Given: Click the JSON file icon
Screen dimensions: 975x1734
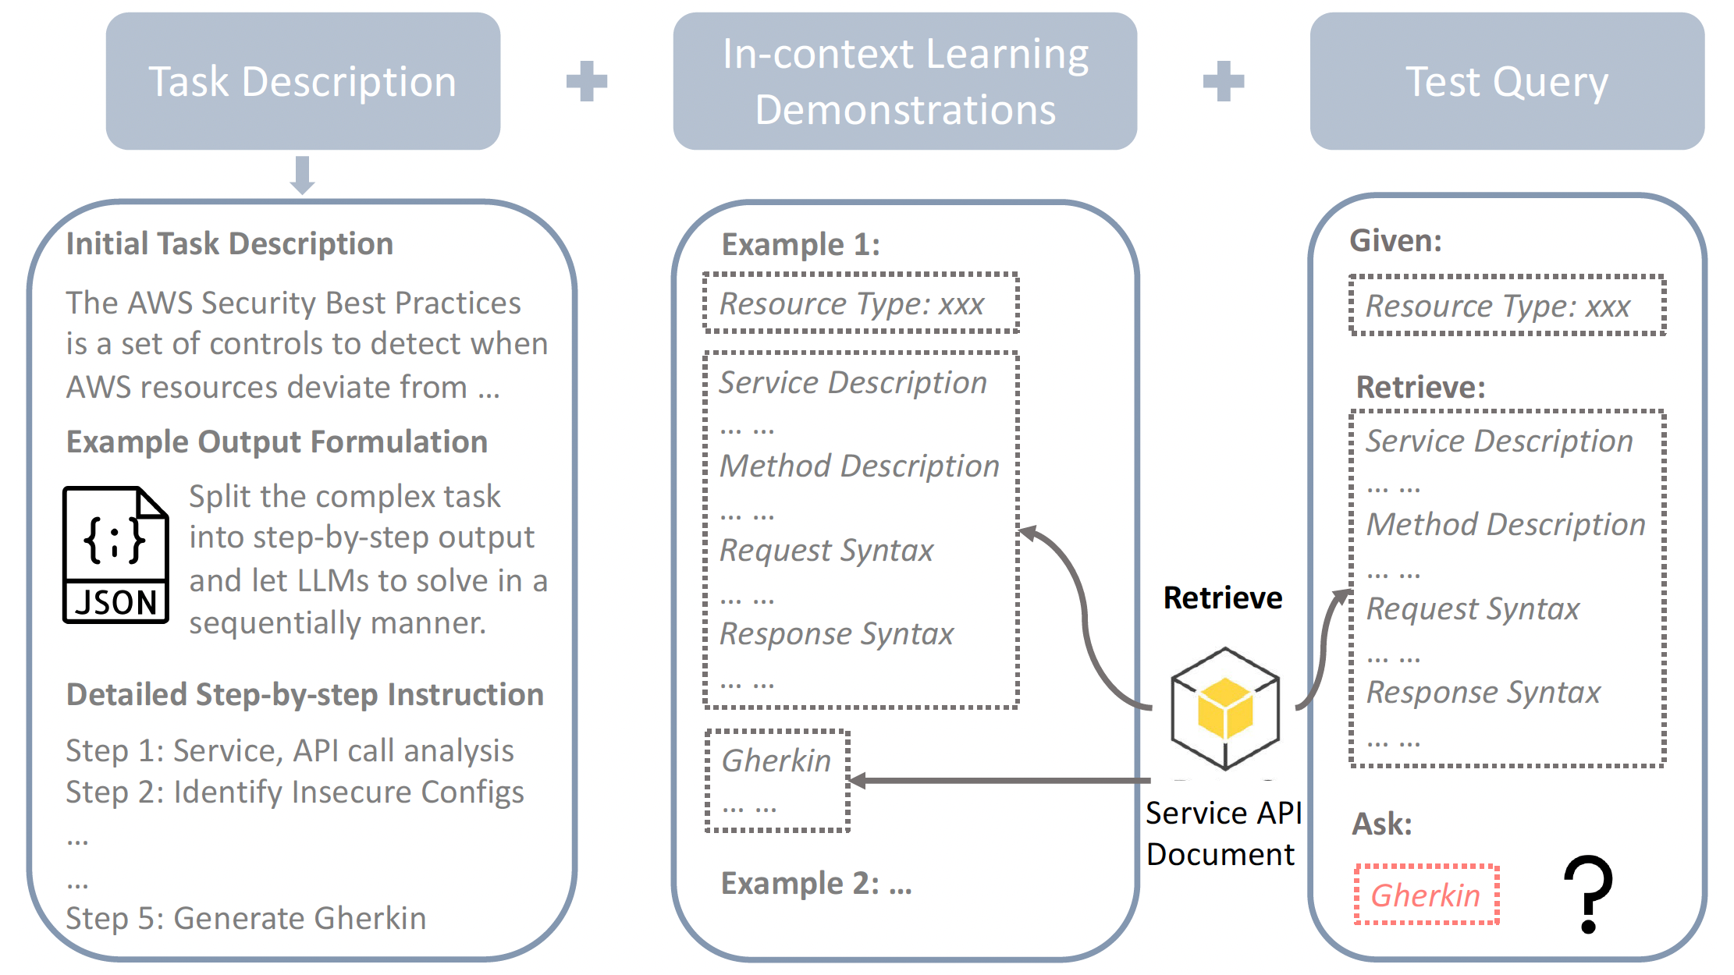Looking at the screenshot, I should click(x=115, y=555).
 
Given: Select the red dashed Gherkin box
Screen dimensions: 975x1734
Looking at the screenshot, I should click(x=1427, y=895).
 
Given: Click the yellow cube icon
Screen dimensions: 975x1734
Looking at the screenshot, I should click(x=1225, y=708).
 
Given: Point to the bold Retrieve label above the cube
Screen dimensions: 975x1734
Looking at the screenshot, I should click(x=1222, y=598).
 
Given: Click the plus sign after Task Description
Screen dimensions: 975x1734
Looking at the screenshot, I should click(x=587, y=81).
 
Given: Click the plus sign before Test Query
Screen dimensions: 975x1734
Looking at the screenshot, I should click(x=1223, y=81).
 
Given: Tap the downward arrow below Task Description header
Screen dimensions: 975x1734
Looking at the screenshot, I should click(x=303, y=175).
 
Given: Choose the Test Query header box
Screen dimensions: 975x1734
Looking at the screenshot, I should click(x=1506, y=81).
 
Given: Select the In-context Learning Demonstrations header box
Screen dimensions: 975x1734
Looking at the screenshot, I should click(x=904, y=81).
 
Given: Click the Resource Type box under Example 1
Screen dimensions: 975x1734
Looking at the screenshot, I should click(x=861, y=303).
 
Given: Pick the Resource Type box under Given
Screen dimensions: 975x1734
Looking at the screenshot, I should click(x=1507, y=306).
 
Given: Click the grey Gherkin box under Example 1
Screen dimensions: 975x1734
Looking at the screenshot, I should click(x=777, y=781).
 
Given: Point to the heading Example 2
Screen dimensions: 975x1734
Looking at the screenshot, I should click(x=815, y=884).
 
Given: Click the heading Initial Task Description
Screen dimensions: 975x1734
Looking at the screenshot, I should click(x=229, y=244).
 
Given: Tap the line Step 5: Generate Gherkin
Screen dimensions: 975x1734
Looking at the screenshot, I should click(x=246, y=918).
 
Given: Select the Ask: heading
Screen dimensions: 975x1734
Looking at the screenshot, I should click(x=1381, y=824).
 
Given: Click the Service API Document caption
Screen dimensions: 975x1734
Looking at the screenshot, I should click(x=1222, y=834).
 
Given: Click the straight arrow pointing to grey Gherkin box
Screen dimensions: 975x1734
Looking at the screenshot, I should click(x=999, y=780).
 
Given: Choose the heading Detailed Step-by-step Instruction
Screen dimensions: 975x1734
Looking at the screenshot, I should click(x=304, y=694).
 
